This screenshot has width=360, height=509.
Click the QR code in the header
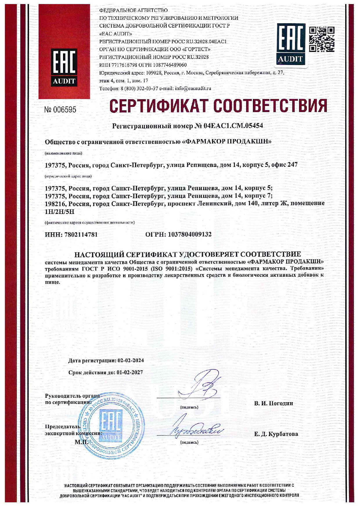321,39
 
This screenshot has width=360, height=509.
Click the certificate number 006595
60,110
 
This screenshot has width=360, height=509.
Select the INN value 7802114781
80,235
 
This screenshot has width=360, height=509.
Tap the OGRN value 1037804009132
190,235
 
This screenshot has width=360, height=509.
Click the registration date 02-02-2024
131,361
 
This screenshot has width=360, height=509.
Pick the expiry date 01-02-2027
130,373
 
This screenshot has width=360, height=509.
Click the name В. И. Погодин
273,403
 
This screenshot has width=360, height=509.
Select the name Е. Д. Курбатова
276,434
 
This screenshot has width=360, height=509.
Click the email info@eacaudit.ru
193,88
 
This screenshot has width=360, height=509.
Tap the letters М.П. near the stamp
81,442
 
